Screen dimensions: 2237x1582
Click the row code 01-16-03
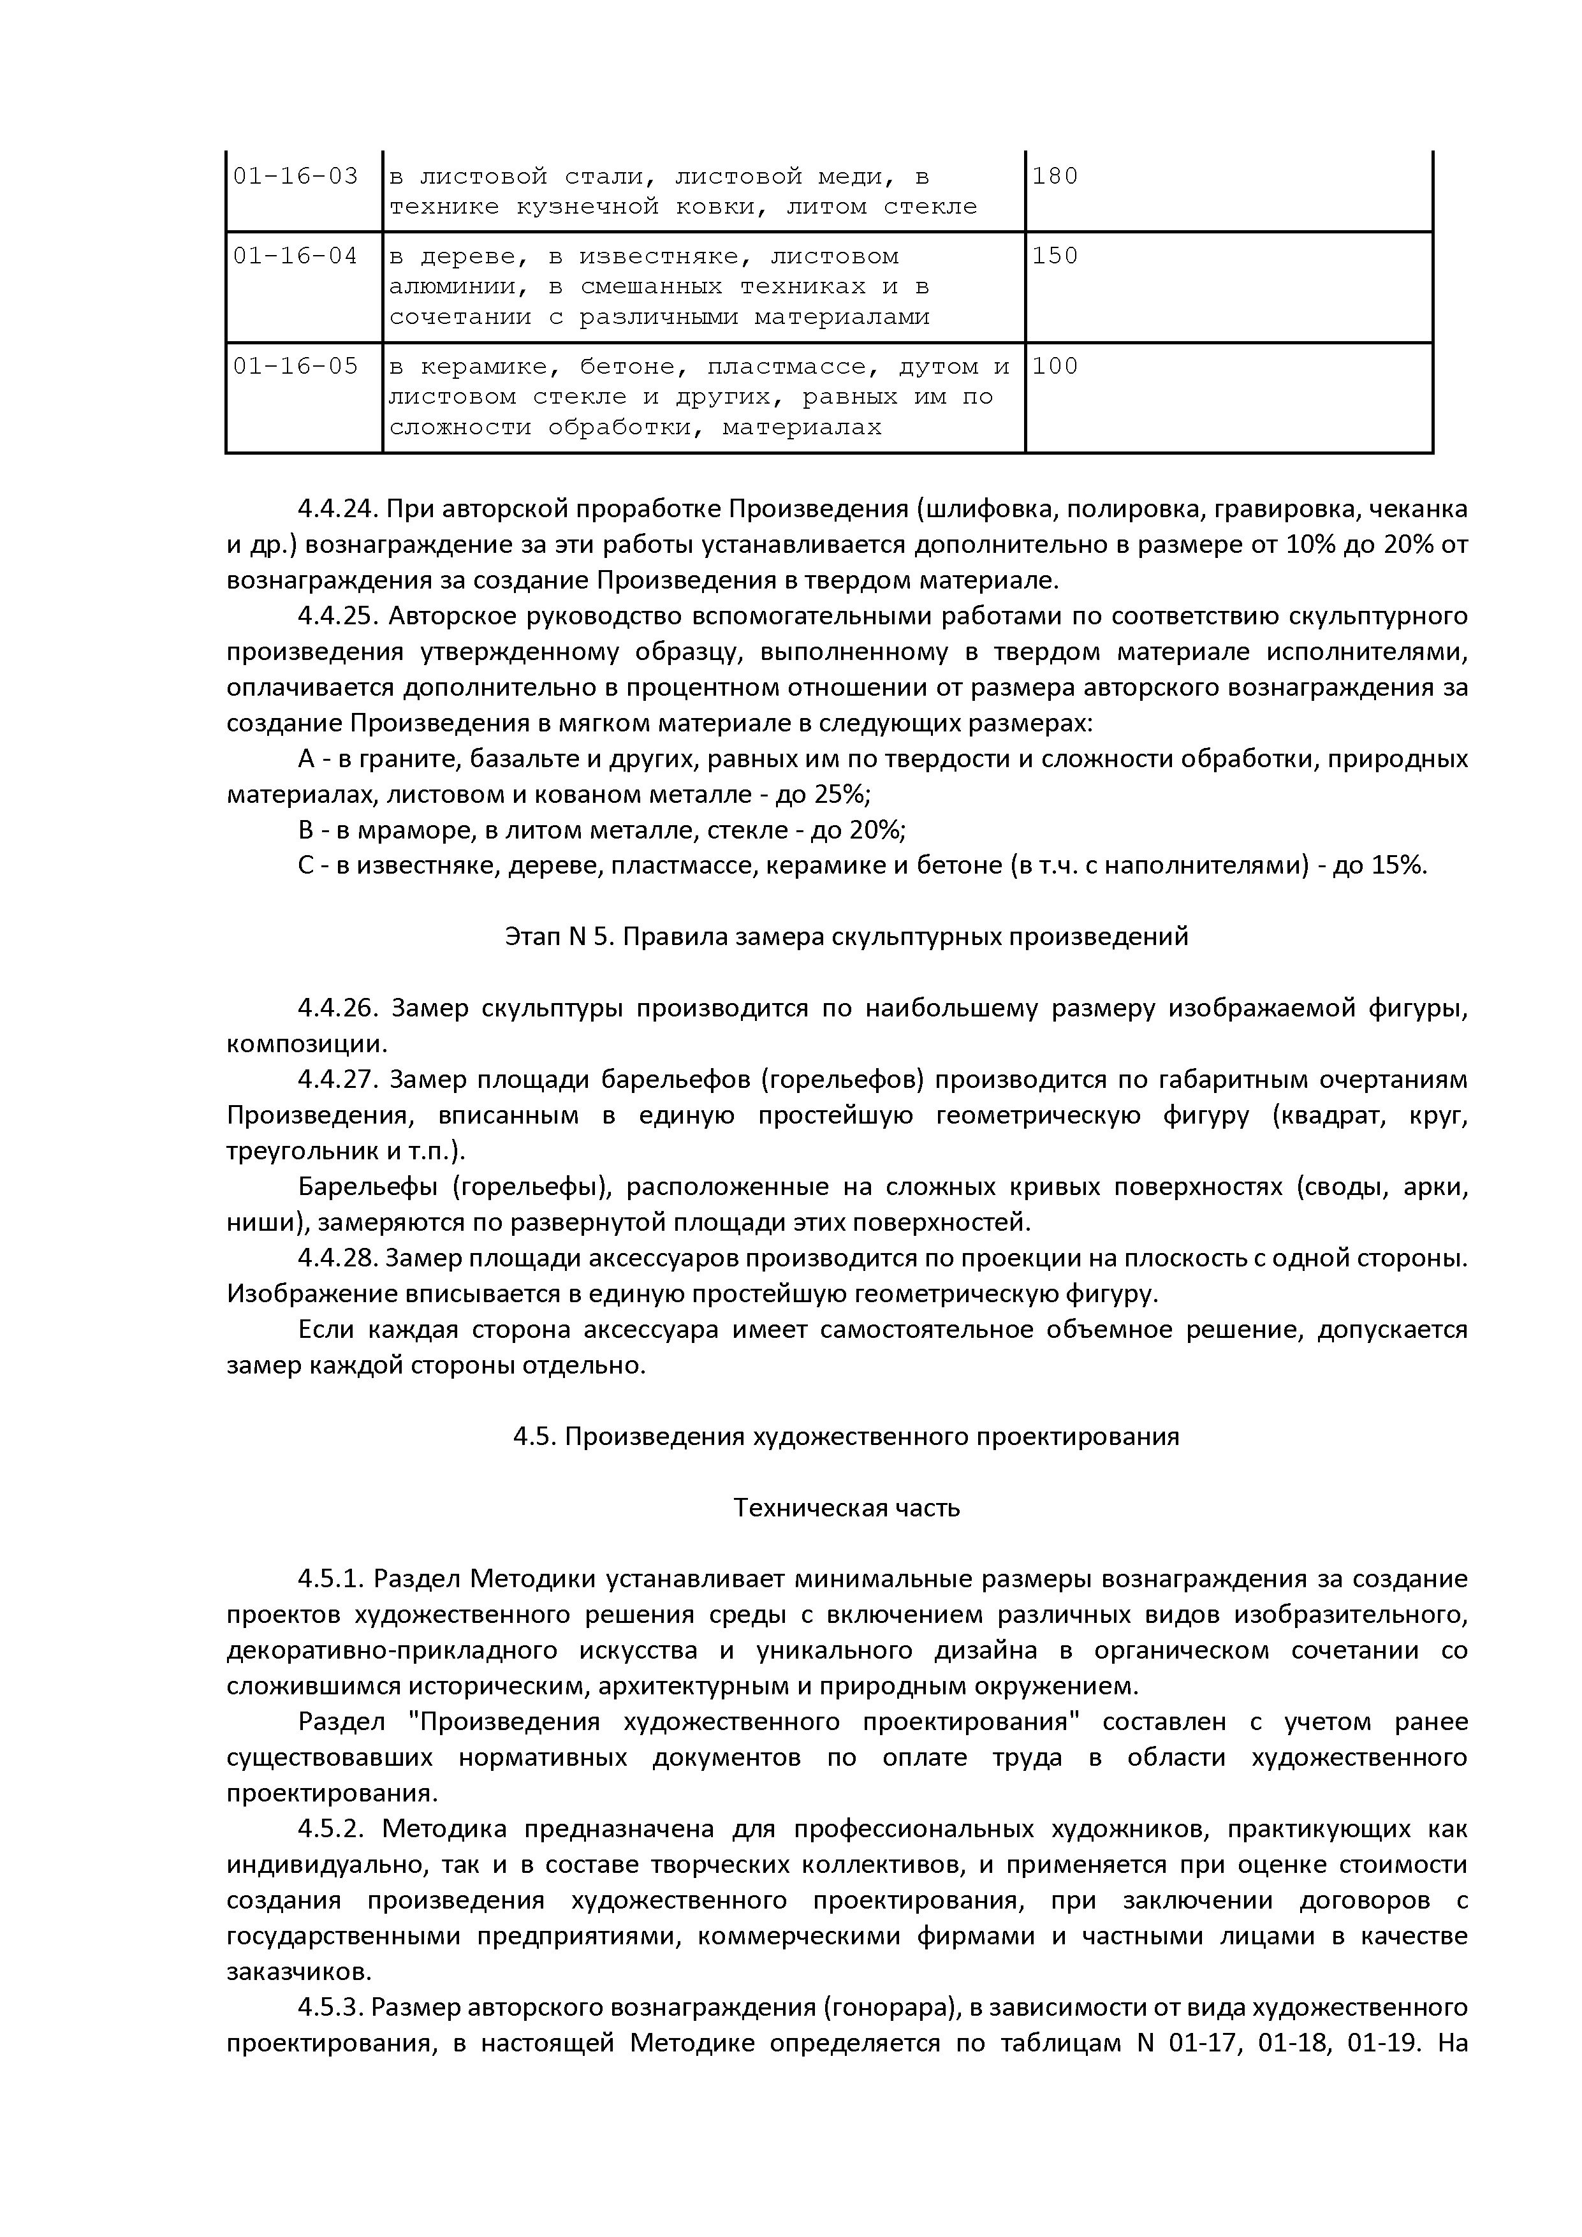[295, 177]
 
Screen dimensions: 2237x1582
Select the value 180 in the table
[1055, 177]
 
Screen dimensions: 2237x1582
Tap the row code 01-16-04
[295, 256]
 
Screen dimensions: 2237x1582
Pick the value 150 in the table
[1055, 256]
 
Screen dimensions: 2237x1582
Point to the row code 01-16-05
[295, 366]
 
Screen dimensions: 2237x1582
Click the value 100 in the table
[1055, 366]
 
